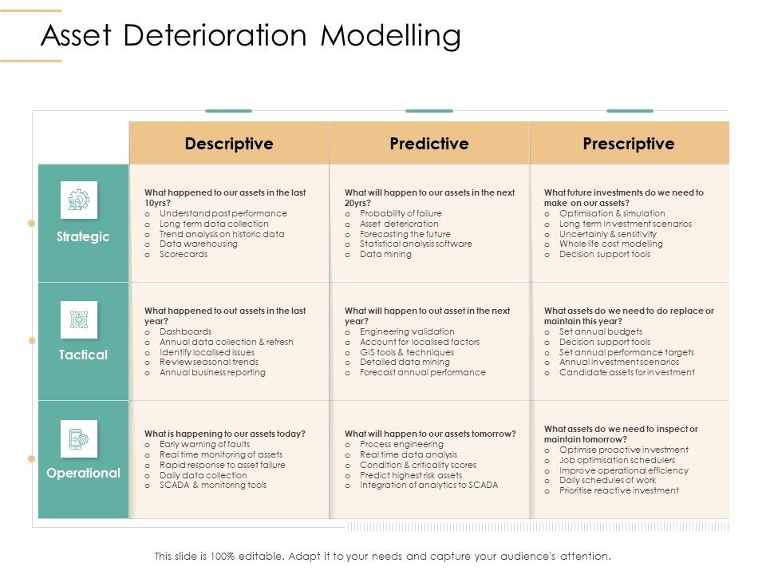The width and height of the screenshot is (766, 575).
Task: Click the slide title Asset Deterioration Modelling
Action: [251, 37]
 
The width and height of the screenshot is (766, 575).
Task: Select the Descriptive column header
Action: [229, 144]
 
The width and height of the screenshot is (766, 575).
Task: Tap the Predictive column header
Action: [429, 144]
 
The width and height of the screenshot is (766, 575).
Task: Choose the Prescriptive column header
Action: [629, 144]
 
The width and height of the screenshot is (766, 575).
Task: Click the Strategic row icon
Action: [79, 200]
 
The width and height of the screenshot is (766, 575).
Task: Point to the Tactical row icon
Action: [79, 319]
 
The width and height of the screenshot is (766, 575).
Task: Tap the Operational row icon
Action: [79, 438]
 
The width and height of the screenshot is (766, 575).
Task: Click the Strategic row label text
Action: [83, 237]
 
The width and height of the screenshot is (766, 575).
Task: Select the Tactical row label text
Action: [83, 355]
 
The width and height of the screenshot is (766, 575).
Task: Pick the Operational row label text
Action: [83, 473]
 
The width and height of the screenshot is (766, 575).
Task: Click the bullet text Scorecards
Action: [184, 255]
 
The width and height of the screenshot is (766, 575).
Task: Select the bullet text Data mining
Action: [385, 255]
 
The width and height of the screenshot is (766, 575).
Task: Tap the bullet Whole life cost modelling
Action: [611, 244]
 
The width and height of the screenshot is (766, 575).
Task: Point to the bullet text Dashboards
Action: [186, 331]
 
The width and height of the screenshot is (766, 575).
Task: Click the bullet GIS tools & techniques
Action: [407, 352]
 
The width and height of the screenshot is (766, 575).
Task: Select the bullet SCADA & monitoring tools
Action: [213, 486]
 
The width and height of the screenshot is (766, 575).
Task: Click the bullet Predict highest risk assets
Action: [411, 475]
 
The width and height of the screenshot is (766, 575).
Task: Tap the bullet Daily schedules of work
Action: [608, 480]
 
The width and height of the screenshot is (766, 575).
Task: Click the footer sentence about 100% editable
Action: [383, 556]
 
